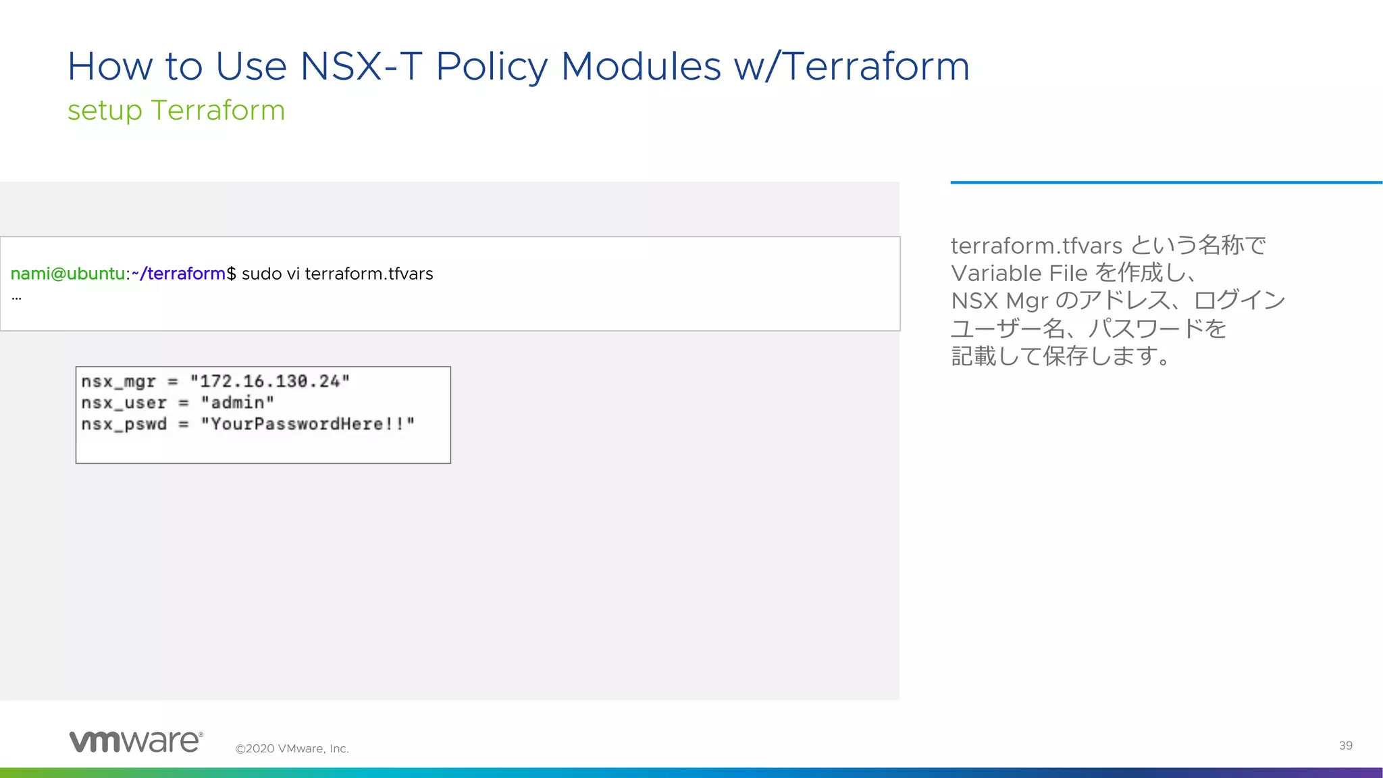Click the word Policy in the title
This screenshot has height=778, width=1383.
coord(492,67)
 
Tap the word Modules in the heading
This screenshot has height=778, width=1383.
coord(640,67)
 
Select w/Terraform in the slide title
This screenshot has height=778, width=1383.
coord(852,67)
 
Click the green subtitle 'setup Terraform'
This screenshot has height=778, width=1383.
coord(176,110)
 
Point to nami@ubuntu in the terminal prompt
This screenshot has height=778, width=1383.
coord(68,274)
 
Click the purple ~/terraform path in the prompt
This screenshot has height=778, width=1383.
coord(178,274)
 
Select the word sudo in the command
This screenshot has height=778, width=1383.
coord(261,274)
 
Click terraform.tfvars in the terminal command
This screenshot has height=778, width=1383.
coord(369,274)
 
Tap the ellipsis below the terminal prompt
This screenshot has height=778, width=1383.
coord(16,297)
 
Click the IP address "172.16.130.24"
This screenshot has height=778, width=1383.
coord(269,382)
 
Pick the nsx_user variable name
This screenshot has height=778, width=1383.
coord(124,403)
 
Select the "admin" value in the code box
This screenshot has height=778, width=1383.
coord(237,403)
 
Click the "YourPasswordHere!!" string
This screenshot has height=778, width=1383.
coord(307,424)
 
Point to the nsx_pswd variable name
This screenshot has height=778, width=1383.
coord(124,424)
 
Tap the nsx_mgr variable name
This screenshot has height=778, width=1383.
coord(118,382)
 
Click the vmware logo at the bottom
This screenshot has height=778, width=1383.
coord(136,741)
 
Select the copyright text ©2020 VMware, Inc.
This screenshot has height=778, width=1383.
coord(292,748)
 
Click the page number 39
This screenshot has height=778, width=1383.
coord(1345,746)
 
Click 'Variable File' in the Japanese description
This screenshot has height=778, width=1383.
coord(1019,273)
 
